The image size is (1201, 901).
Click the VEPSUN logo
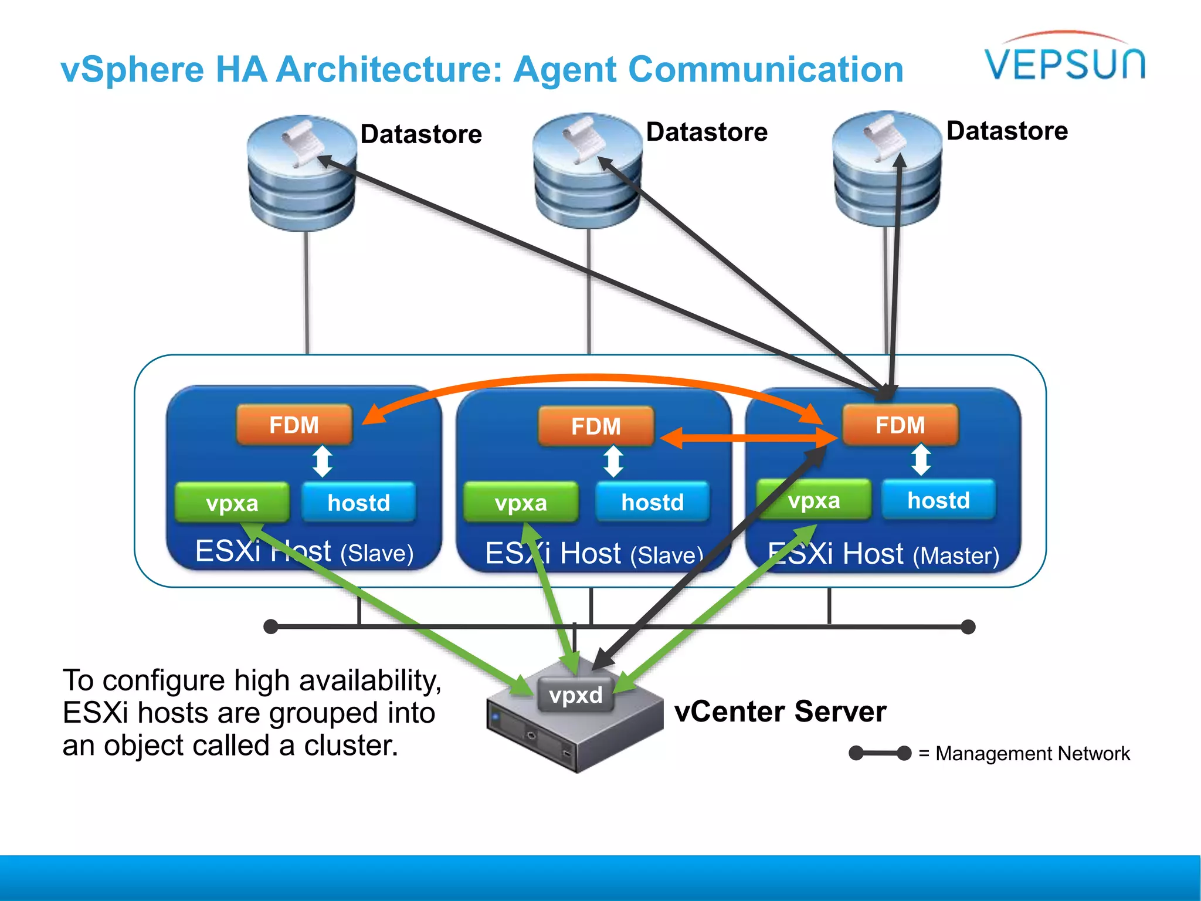click(x=1064, y=59)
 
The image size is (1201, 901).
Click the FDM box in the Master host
click(x=900, y=425)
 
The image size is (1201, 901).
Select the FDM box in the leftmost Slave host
click(x=294, y=425)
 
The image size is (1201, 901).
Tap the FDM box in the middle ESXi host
click(x=596, y=426)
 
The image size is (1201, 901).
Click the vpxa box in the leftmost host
click(x=232, y=503)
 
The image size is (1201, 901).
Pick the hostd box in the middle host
click(x=652, y=502)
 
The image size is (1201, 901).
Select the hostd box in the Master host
click(x=938, y=500)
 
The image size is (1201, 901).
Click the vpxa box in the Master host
click(x=814, y=500)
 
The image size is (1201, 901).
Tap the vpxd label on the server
click(x=575, y=695)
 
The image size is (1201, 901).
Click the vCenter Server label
click(x=780, y=712)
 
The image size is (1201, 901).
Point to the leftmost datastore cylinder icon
click(x=302, y=173)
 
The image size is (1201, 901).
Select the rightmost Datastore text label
click(x=1007, y=130)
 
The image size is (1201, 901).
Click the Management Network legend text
click(x=1032, y=753)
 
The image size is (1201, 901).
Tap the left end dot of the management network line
click(x=271, y=626)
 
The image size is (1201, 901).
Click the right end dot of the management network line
click(x=968, y=626)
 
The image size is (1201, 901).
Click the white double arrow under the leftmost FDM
click(x=323, y=461)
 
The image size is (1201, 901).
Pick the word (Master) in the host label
click(x=956, y=555)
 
